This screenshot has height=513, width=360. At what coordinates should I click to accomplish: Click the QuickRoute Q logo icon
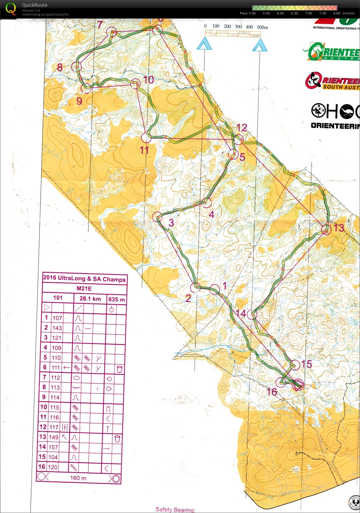[x=11, y=8]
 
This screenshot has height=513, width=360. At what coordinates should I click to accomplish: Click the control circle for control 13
[x=326, y=230]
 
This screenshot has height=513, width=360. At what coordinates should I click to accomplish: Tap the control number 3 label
[x=171, y=223]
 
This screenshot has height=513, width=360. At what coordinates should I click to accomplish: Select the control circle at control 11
[x=146, y=138]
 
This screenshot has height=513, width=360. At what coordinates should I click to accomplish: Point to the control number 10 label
[x=149, y=80]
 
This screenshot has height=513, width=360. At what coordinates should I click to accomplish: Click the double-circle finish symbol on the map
[x=298, y=385]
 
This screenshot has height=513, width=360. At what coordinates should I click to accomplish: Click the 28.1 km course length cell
[x=90, y=299]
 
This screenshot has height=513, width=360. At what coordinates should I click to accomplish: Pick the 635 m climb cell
[x=116, y=300]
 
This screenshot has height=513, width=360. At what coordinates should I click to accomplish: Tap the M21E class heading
[x=84, y=289]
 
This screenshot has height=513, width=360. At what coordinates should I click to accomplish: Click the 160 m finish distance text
[x=78, y=478]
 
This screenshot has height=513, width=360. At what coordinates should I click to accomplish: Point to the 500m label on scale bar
[x=262, y=27]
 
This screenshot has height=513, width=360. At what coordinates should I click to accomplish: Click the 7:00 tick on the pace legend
[x=308, y=13]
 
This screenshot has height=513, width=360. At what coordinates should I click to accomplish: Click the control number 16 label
[x=272, y=391]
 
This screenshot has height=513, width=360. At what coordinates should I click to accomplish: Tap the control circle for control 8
[x=76, y=67]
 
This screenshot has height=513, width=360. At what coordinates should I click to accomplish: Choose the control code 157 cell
[x=53, y=447]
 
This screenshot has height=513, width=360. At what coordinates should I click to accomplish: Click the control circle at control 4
[x=206, y=202]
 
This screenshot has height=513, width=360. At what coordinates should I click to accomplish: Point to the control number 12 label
[x=242, y=127]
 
